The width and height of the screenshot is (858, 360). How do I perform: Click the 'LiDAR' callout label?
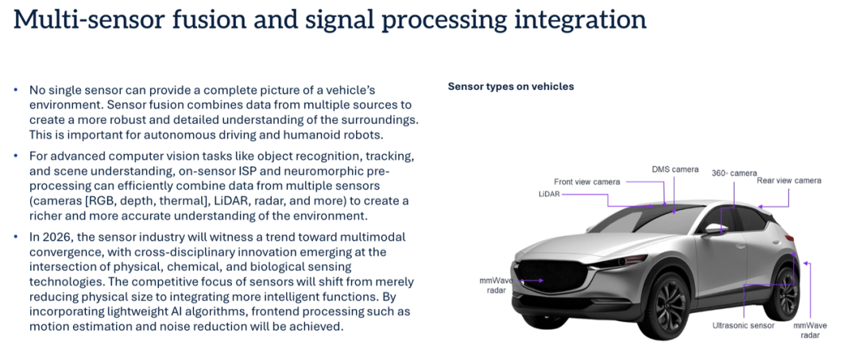pos(549,193)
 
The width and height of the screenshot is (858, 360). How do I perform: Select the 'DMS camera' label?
pos(674,169)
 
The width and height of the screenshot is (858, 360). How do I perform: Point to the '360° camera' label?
pos(734,172)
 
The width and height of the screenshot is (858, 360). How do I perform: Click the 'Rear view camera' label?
pos(790,180)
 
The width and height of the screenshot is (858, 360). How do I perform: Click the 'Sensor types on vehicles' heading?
pos(510,87)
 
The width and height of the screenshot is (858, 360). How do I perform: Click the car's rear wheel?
pos(786,294)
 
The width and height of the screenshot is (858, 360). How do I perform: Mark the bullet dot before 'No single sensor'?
pos(16,90)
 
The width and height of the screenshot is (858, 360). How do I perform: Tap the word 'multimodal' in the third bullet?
pos(373,237)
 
